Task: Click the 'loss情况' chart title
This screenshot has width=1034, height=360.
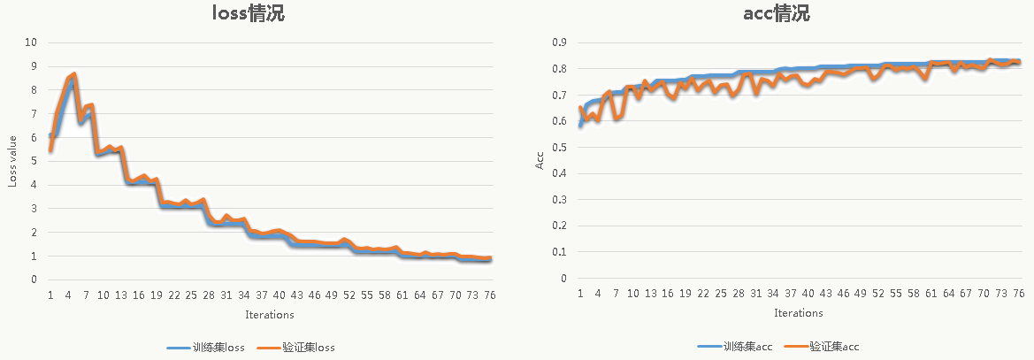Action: click(x=248, y=14)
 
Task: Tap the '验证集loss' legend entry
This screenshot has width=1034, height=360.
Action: click(x=297, y=348)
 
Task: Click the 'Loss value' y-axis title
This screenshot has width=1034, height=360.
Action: click(x=13, y=160)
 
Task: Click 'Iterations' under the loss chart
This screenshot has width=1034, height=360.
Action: click(x=270, y=314)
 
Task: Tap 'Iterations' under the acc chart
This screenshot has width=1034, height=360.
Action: click(x=798, y=312)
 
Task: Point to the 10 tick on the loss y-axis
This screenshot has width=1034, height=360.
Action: click(x=31, y=42)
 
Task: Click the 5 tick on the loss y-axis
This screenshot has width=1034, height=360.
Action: click(x=34, y=161)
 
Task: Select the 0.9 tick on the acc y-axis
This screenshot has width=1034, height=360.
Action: click(x=558, y=42)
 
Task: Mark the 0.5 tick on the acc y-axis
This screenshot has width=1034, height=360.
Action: click(x=558, y=148)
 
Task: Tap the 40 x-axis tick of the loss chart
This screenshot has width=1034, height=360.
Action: click(x=280, y=295)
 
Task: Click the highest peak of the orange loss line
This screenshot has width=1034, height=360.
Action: click(x=74, y=74)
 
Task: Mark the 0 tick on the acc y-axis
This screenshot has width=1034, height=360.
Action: click(x=563, y=279)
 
